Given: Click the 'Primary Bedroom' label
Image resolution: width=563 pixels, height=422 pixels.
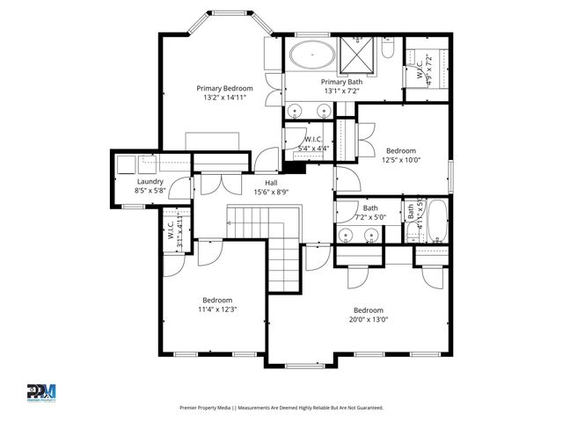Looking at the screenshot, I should click(224, 89).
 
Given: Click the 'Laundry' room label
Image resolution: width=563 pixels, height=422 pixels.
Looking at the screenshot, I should click(150, 182).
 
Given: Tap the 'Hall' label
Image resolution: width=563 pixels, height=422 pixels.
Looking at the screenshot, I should click(271, 182).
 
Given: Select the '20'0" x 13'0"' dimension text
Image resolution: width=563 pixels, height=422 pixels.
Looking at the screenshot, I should click(369, 321).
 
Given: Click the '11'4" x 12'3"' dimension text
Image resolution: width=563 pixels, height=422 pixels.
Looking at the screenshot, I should click(216, 309).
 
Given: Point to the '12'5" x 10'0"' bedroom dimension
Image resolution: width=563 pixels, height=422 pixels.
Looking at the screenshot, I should click(401, 160).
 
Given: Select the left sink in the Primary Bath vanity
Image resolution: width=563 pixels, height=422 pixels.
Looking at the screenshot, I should click(295, 111).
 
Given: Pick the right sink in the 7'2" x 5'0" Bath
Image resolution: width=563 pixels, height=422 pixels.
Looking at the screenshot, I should click(371, 236).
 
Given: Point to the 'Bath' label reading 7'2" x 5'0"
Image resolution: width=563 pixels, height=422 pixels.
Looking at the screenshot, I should click(358, 207).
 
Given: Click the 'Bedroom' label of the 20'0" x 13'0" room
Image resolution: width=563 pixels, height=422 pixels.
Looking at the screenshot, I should click(369, 310).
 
